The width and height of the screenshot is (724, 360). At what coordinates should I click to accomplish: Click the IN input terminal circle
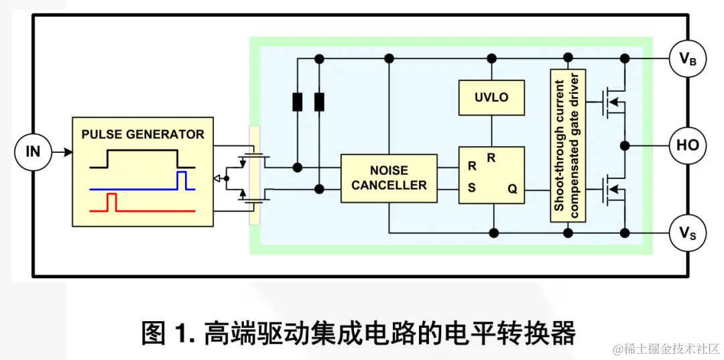[33, 152]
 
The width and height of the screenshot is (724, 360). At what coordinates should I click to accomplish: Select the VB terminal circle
[688, 59]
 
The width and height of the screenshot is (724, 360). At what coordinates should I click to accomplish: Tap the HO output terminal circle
[688, 145]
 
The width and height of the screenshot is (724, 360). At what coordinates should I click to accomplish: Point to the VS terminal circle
[688, 233]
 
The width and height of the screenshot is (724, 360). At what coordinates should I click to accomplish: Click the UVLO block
[491, 97]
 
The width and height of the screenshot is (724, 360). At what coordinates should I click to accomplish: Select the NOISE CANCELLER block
[389, 178]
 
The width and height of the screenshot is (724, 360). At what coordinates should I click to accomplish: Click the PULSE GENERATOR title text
[143, 134]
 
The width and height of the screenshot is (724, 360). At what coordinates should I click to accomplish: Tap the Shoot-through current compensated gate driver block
[568, 145]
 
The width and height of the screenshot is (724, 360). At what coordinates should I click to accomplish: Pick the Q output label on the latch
[512, 189]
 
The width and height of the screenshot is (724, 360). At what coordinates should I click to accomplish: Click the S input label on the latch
[472, 188]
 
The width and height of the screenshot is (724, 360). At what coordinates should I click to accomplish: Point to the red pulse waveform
[112, 202]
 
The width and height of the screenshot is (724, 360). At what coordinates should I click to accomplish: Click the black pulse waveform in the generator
[141, 159]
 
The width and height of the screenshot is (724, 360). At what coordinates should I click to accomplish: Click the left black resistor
[298, 102]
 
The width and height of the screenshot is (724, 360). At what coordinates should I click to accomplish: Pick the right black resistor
[320, 102]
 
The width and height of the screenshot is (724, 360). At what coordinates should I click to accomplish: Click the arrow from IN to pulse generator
[62, 152]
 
